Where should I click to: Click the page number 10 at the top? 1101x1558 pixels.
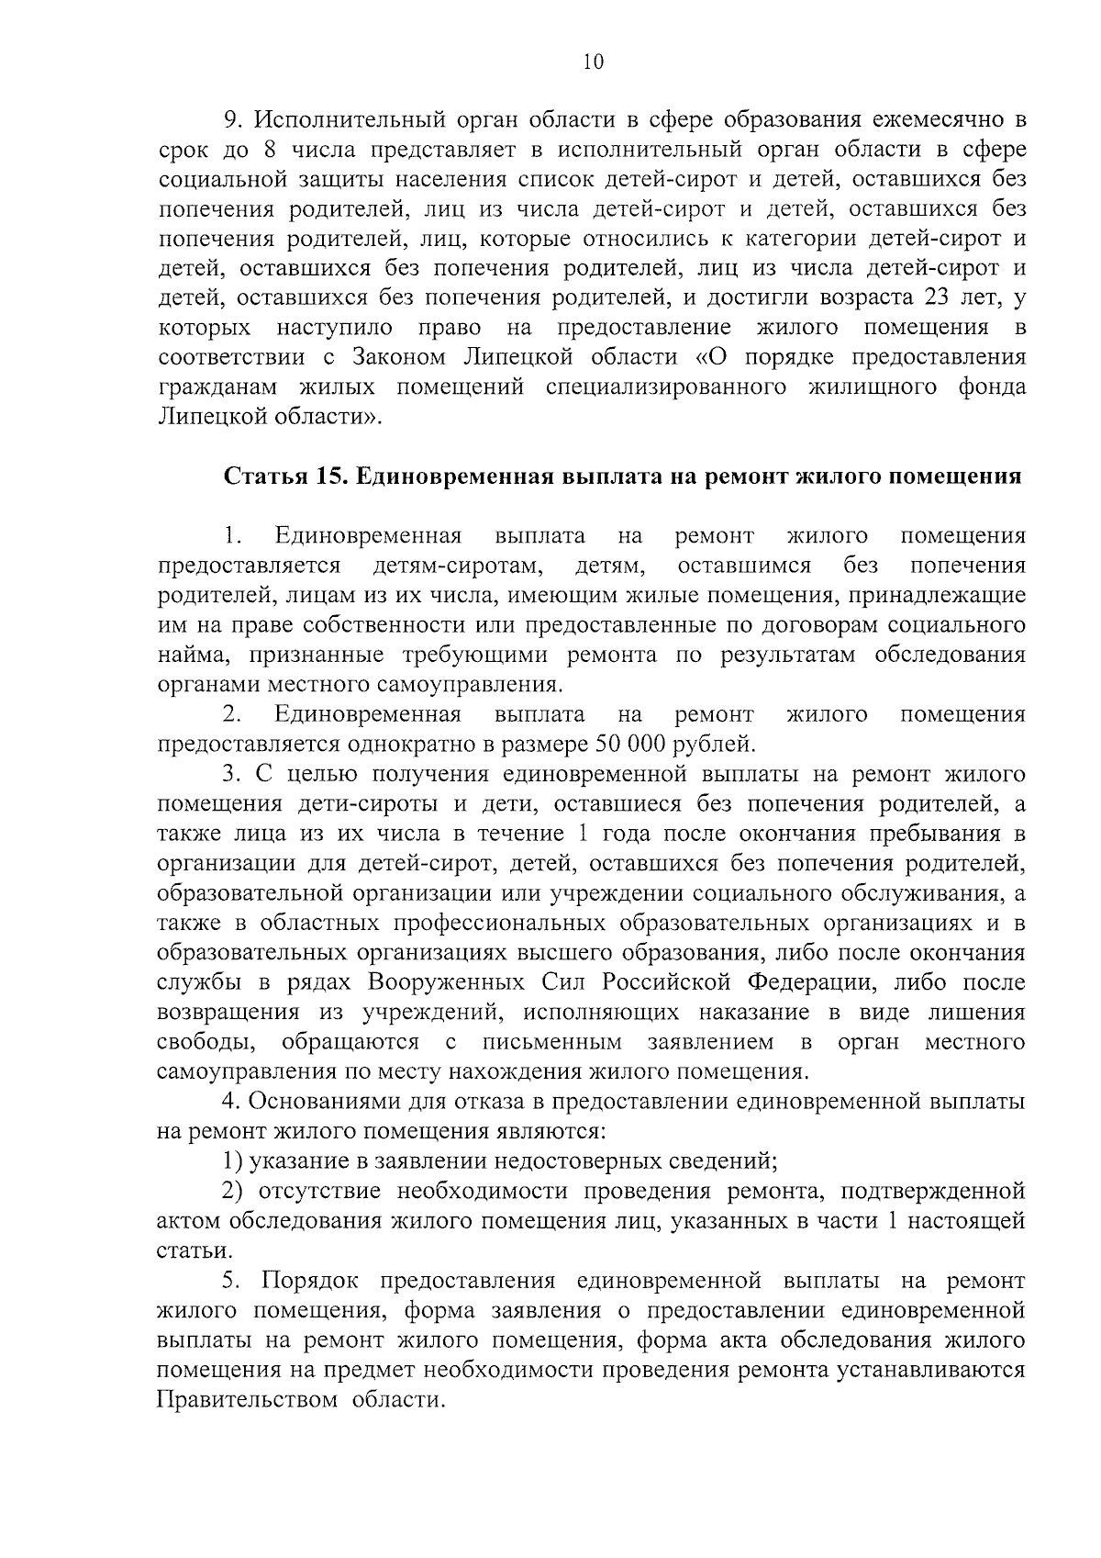click(x=593, y=62)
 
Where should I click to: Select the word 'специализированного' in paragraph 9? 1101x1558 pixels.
click(x=666, y=387)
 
